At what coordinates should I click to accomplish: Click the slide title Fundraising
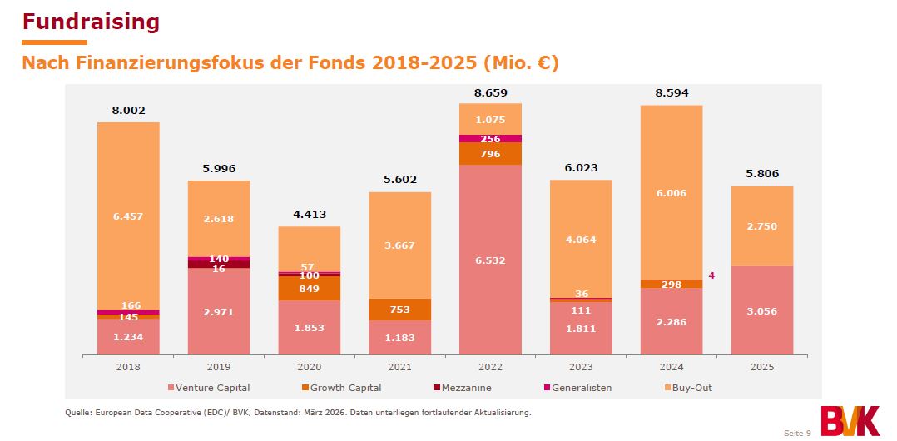[x=91, y=21]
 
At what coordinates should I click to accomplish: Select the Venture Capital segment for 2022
[x=490, y=260]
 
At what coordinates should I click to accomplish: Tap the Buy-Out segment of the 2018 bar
[x=128, y=216]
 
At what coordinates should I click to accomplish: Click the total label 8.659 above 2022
[x=490, y=93]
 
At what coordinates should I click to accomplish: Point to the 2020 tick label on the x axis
[x=309, y=367]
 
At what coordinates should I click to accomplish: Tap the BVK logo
[x=849, y=420]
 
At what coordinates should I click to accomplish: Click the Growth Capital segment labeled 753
[x=399, y=310]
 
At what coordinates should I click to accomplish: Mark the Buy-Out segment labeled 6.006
[x=671, y=191]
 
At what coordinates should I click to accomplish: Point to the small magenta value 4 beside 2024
[x=711, y=275]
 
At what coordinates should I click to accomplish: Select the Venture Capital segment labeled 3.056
[x=761, y=311]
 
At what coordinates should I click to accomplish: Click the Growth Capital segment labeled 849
[x=309, y=288]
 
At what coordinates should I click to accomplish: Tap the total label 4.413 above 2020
[x=309, y=214]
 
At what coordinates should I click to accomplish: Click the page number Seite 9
[x=797, y=433]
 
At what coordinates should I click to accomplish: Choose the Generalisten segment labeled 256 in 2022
[x=490, y=139]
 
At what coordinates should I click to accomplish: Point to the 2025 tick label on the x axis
[x=761, y=367]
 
